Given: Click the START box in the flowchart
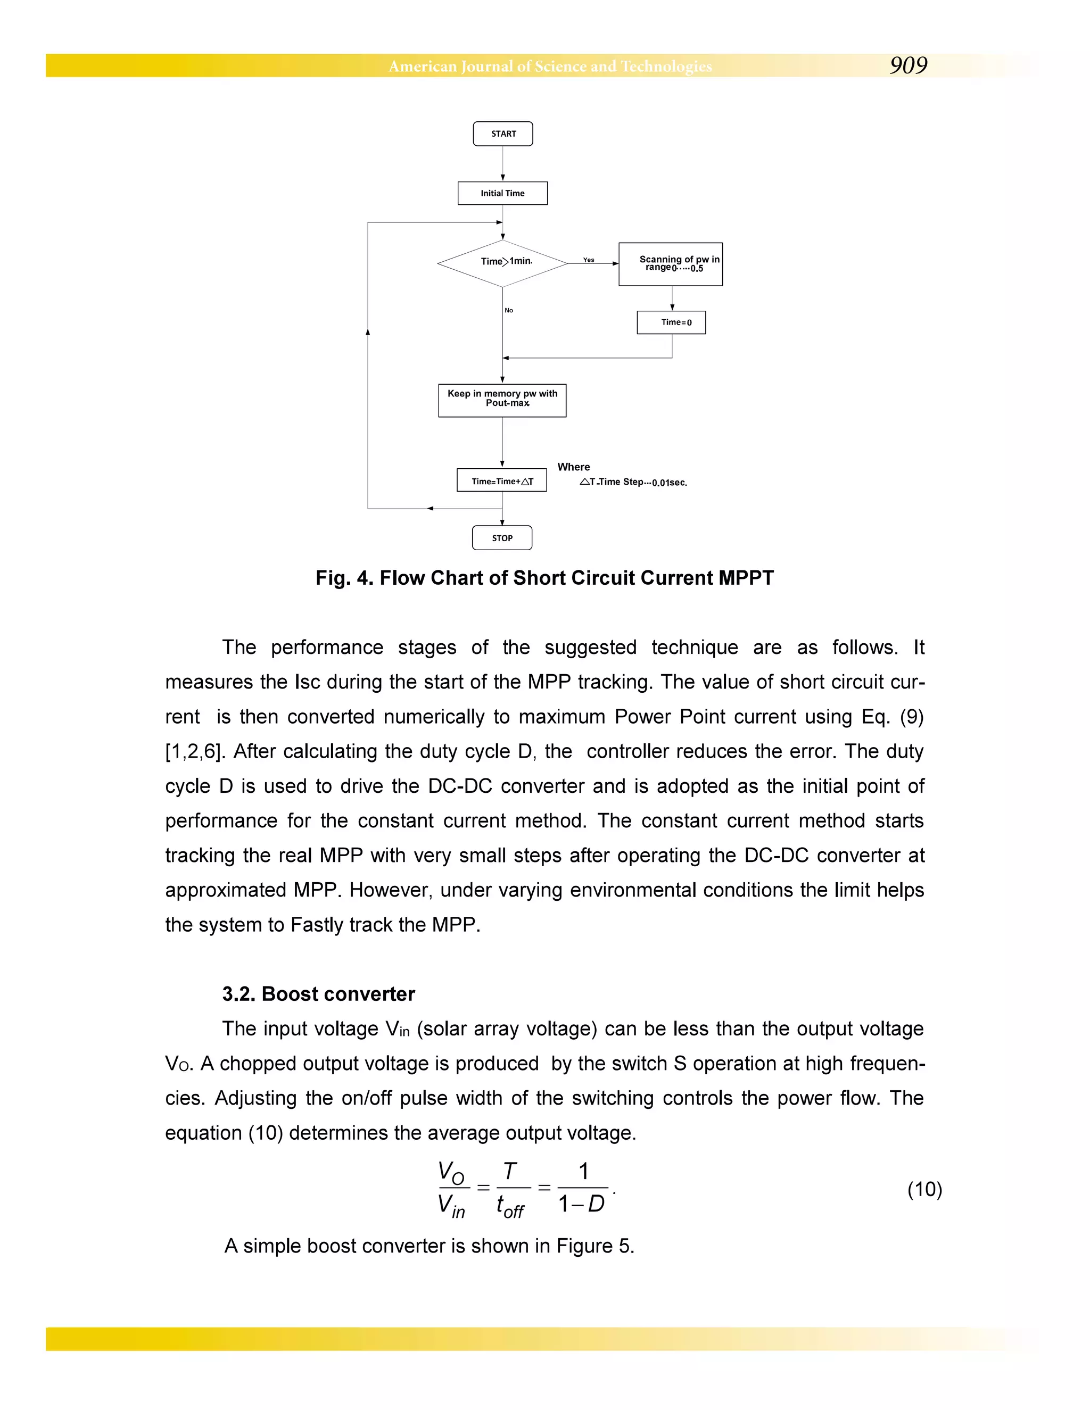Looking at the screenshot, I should tap(502, 134).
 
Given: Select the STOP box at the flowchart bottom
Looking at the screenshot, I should tap(502, 538).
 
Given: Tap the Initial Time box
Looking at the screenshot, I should tap(502, 193).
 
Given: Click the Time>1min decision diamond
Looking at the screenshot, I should tap(502, 263).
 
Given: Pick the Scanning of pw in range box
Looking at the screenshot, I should tap(670, 264).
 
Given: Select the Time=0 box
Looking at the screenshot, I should tap(671, 322).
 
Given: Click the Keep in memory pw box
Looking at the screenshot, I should tap(502, 400).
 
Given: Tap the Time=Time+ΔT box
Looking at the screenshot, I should tap(502, 480).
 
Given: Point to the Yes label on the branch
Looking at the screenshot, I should tap(588, 260).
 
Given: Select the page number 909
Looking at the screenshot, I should tap(908, 65).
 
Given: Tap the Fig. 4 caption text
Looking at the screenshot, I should tap(544, 578).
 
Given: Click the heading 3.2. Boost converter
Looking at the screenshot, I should tap(318, 993).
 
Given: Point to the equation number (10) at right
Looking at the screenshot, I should tap(924, 1189).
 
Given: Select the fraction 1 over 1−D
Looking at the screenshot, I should tap(582, 1188).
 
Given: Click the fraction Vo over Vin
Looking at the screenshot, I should tap(453, 1189).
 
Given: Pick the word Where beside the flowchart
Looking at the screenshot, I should tap(573, 467).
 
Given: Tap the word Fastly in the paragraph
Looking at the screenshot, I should tap(317, 925).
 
